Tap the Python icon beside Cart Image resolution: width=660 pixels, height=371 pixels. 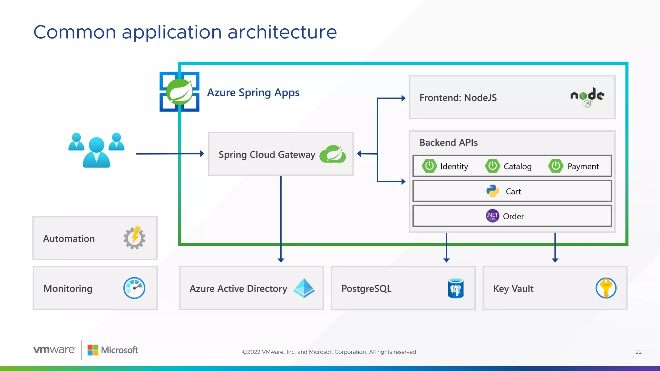(492, 191)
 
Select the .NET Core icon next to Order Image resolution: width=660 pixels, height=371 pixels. (492, 216)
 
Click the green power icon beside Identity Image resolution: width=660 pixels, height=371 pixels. (429, 166)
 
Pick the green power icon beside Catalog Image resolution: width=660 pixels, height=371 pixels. (492, 166)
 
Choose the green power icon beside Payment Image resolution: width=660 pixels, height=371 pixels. (556, 166)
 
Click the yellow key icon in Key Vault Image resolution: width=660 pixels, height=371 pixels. (606, 288)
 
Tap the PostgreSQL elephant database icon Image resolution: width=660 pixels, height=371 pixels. (456, 288)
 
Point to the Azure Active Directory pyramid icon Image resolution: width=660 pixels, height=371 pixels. (304, 288)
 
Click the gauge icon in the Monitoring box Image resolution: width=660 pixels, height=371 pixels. (134, 288)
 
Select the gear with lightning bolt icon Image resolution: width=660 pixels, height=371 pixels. (134, 238)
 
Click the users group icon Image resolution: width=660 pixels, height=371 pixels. (96, 150)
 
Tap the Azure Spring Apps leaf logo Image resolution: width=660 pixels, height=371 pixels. (180, 92)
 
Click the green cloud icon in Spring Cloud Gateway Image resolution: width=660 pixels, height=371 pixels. (333, 154)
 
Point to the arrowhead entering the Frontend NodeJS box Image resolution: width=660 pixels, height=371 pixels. (403, 98)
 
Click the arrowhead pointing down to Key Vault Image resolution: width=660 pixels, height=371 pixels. (555, 260)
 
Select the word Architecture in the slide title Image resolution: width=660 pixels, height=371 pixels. (282, 32)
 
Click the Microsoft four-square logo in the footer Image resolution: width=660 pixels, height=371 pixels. (93, 350)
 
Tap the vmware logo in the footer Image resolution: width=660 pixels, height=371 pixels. (54, 350)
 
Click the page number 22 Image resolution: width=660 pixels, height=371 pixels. (638, 352)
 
